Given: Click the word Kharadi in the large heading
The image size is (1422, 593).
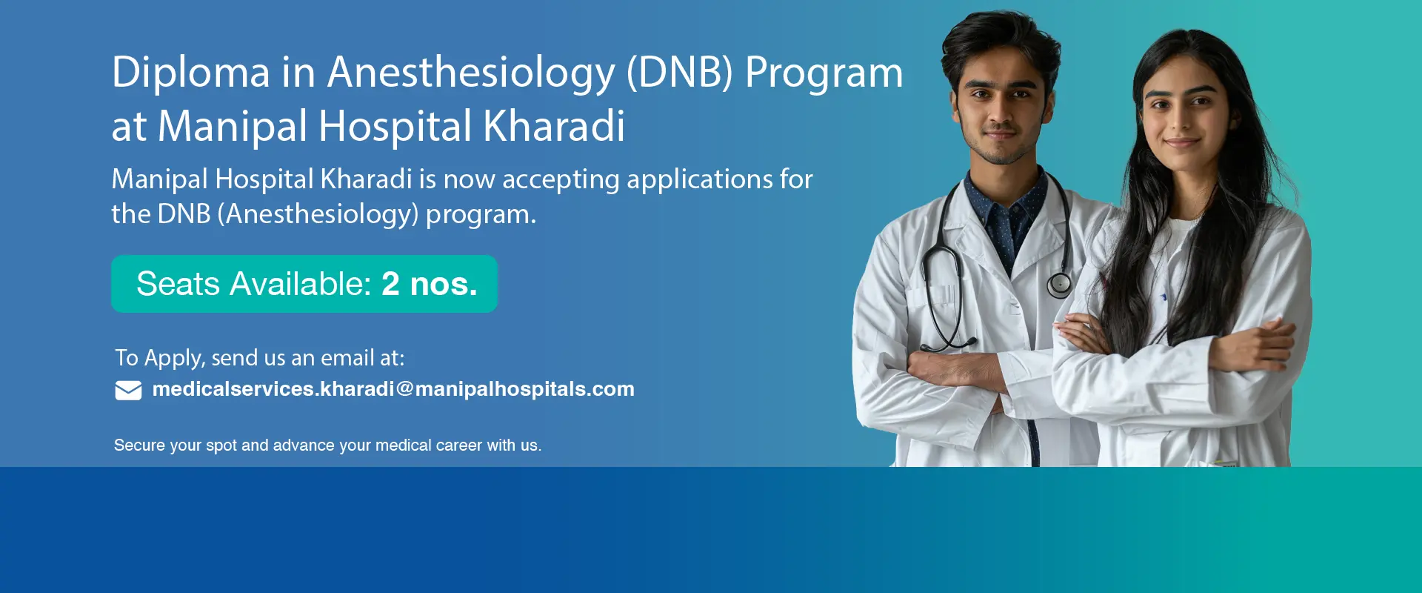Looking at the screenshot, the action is tap(554, 126).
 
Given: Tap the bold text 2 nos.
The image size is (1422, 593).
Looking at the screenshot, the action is tap(430, 284).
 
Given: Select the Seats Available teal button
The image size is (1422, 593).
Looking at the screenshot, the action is tap(304, 284).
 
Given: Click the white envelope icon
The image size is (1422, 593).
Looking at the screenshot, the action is tap(128, 390).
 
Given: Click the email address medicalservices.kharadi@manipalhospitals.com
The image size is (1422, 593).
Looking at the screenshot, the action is tap(393, 389).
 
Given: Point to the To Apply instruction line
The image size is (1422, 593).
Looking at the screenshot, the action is tap(260, 358).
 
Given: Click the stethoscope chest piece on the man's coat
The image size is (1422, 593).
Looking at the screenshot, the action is tap(1059, 284).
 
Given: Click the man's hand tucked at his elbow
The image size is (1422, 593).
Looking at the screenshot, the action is tap(948, 367).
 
